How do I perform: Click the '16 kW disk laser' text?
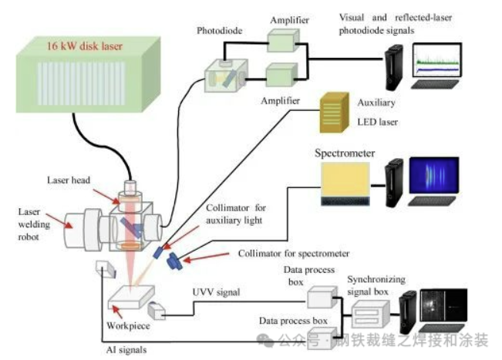(x=85, y=46)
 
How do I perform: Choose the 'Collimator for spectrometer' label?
(x=294, y=253)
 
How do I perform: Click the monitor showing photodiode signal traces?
(x=438, y=62)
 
